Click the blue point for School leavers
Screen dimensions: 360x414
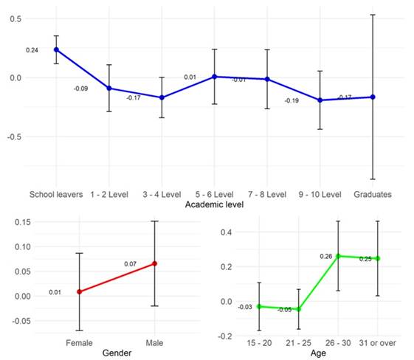point(56,49)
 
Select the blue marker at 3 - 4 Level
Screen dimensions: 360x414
point(162,97)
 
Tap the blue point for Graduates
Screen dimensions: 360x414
point(373,97)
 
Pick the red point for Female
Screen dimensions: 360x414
point(80,291)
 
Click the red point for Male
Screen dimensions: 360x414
point(154,263)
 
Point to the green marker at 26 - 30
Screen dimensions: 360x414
point(338,256)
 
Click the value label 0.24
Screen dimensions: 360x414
point(32,50)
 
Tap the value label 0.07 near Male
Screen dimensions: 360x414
point(130,263)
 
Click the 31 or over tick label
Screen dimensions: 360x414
point(378,344)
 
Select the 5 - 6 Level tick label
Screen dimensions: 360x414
point(214,194)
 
